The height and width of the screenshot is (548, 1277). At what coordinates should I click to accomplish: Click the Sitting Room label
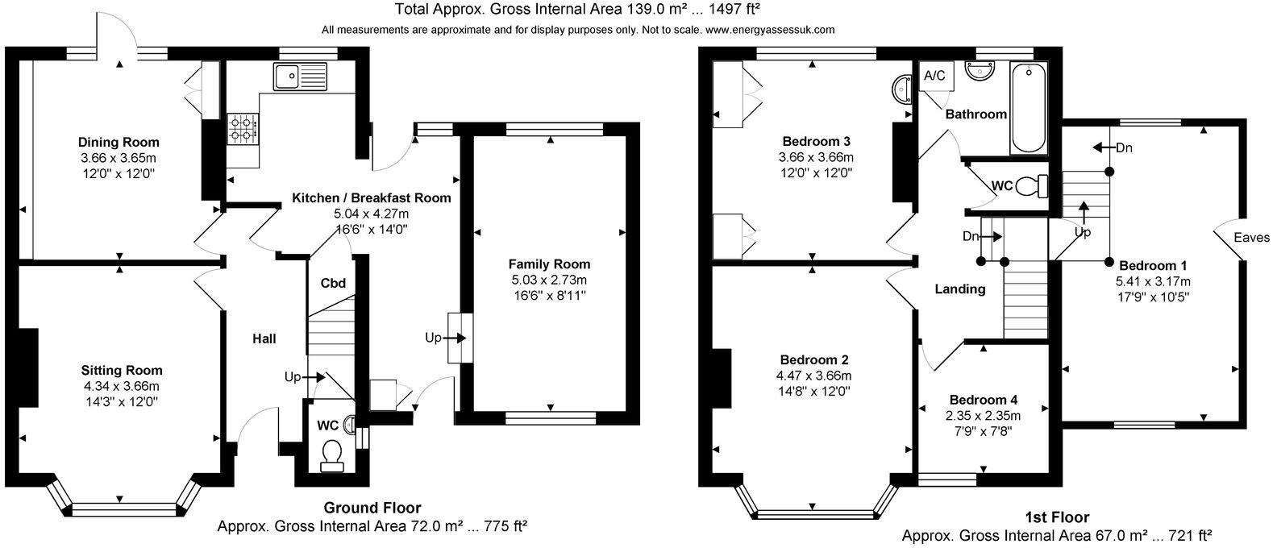coord(122,371)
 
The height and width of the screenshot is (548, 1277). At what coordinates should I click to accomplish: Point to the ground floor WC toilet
coord(331,454)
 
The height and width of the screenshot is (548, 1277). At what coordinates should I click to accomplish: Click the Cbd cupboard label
coord(333,283)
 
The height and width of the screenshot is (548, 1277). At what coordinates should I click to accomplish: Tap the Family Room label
coord(549,264)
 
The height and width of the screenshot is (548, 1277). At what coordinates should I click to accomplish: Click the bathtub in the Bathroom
coord(1028,108)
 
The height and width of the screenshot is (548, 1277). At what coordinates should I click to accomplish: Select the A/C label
coord(935,77)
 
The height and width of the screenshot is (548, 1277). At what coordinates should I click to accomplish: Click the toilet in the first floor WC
coord(1030,186)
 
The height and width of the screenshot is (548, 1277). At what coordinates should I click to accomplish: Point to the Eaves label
coord(1252,238)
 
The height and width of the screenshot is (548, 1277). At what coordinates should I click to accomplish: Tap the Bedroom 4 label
coord(984,400)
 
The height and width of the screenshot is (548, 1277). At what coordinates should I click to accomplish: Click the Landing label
coord(959,289)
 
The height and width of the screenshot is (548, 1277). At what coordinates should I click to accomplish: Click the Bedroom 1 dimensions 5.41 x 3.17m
coord(1151,281)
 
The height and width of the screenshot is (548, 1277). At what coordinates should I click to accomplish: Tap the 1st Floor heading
coord(1056,517)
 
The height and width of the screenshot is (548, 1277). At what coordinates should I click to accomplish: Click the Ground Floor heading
coord(372,508)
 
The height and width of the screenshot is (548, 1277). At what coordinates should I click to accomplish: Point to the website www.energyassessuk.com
coord(770,30)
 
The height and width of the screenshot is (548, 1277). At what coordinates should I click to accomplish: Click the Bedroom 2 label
coord(814,359)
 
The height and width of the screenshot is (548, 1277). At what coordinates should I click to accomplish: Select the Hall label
coord(264,338)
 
